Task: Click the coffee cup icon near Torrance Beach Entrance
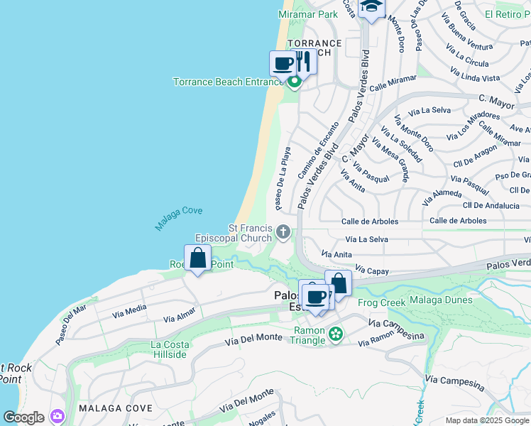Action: pos(283,64)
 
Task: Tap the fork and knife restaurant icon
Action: pos(303,62)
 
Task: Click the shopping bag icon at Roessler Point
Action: pos(198,258)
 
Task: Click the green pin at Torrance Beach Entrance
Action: pos(294,82)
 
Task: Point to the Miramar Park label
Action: pos(308,14)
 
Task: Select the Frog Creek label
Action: pos(381,302)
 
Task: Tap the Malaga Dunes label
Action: pos(441,300)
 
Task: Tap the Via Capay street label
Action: pos(370,270)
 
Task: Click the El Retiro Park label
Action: pos(507,13)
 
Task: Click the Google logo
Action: pos(23,417)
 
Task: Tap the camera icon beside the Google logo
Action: pos(56,416)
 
